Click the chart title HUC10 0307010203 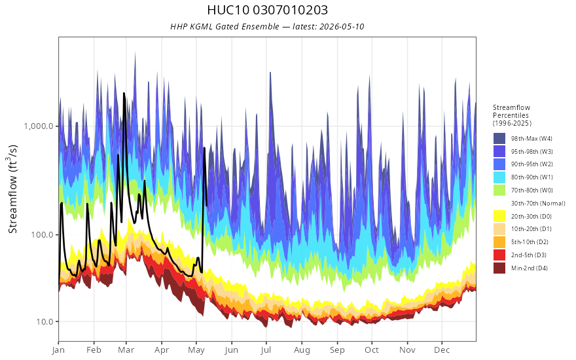pyautogui.click(x=267, y=10)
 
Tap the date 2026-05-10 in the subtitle pyautogui.click(x=342, y=26)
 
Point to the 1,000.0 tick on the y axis pyautogui.click(x=41, y=126)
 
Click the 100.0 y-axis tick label pyautogui.click(x=45, y=234)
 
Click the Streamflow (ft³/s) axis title pyautogui.click(x=13, y=189)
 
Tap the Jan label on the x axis pyautogui.click(x=58, y=350)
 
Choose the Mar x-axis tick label pyautogui.click(x=126, y=350)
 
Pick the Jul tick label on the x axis pyautogui.click(x=266, y=350)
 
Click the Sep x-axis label pyautogui.click(x=337, y=350)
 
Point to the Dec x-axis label pyautogui.click(x=442, y=350)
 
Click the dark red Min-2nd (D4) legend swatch pyautogui.click(x=499, y=268)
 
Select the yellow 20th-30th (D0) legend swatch pyautogui.click(x=499, y=216)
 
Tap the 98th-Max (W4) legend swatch pyautogui.click(x=499, y=139)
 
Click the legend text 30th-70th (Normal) pyautogui.click(x=538, y=203)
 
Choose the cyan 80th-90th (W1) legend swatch pyautogui.click(x=499, y=177)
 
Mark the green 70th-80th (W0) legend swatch pyautogui.click(x=499, y=190)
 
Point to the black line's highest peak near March pyautogui.click(x=124, y=94)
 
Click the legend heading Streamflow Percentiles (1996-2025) pyautogui.click(x=512, y=115)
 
